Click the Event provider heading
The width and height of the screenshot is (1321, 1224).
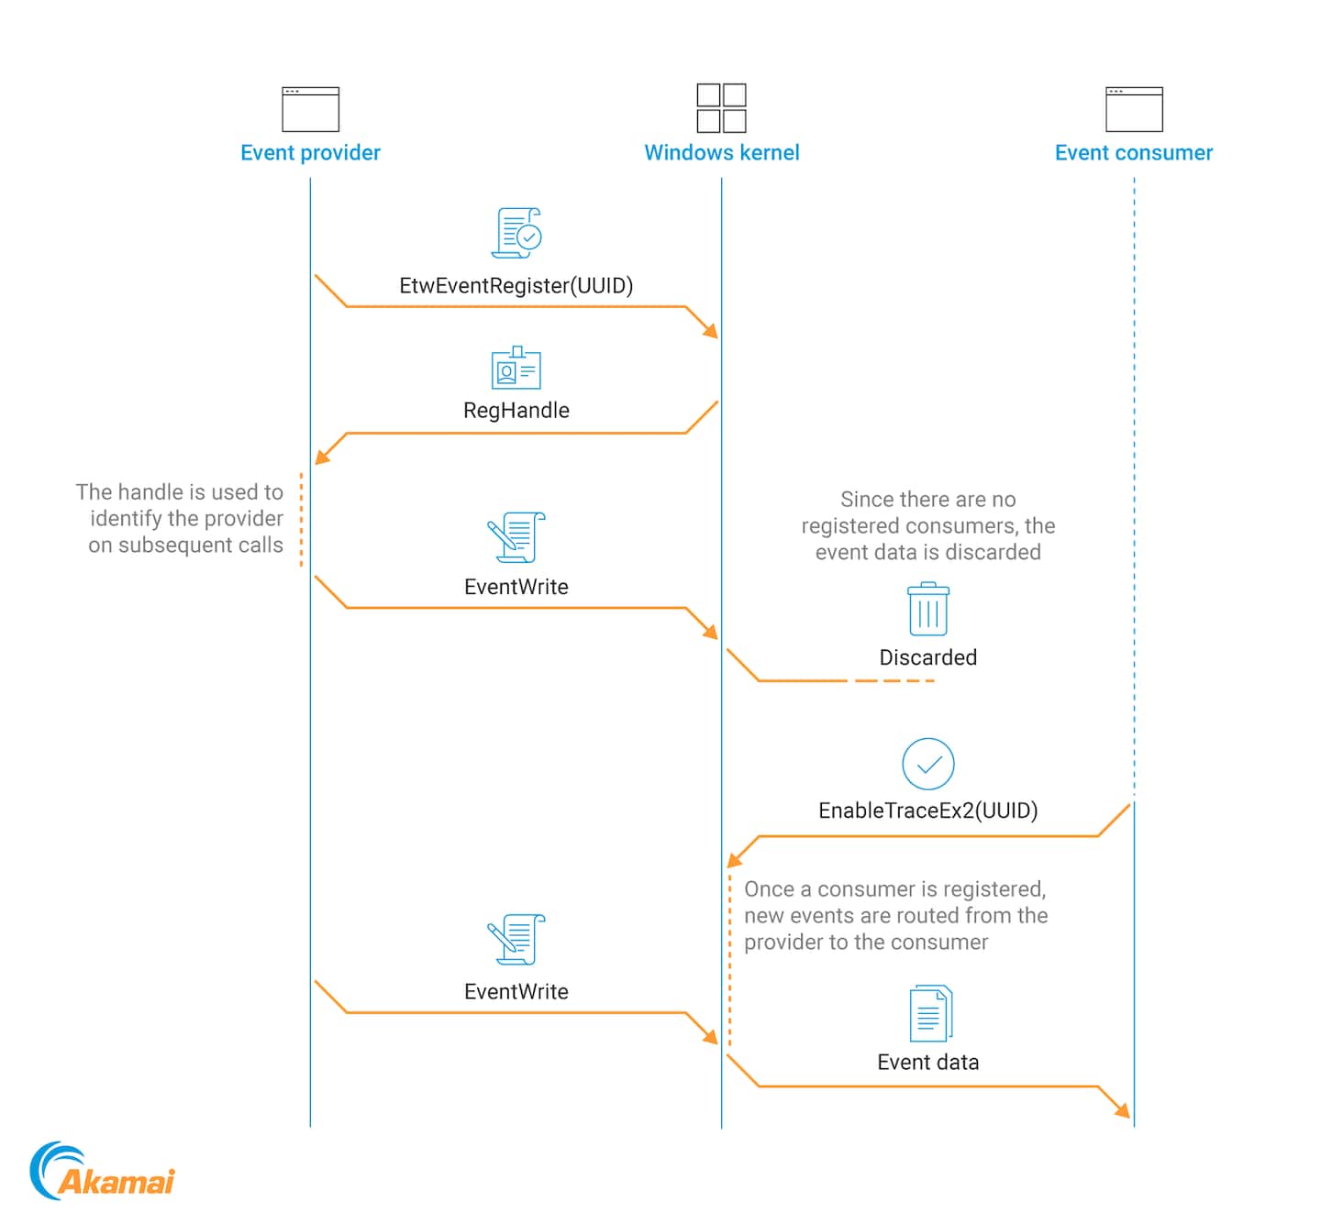pos(310,153)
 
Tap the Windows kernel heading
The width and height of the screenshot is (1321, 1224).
pos(721,153)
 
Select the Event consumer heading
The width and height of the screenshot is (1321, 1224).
pos(1133,153)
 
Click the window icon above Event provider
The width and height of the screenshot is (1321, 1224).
pos(310,109)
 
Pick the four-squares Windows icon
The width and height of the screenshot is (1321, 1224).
pos(721,108)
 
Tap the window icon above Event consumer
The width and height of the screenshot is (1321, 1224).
pos(1134,109)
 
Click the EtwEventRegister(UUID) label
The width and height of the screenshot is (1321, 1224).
pos(516,286)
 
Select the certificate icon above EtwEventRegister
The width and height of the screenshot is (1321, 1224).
pos(517,233)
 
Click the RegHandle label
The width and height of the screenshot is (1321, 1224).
pos(516,411)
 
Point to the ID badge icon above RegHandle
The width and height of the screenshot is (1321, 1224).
pos(516,369)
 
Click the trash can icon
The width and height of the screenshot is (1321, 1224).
pos(927,609)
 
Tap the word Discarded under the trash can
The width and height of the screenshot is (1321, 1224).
pos(927,657)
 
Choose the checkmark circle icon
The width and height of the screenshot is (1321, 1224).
pos(927,764)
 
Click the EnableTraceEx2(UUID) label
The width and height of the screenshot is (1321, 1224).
pos(927,810)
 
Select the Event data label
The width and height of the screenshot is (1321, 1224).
pos(927,1062)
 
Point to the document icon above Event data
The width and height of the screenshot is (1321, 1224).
pos(930,1013)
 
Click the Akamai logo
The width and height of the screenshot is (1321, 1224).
pos(102,1172)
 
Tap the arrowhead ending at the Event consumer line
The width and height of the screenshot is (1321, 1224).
pos(1123,1110)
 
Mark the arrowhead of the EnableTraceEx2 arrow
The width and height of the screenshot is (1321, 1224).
pos(734,860)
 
